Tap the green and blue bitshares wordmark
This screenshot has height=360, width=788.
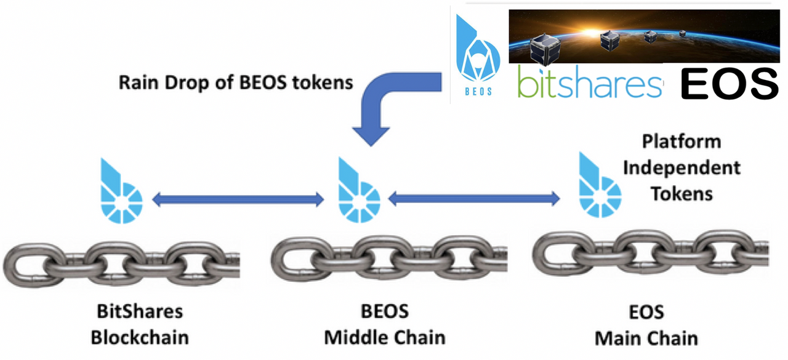(590, 84)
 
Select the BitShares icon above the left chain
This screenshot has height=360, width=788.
(121, 191)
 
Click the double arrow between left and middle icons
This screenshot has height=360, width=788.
(238, 198)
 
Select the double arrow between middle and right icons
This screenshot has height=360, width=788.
(474, 198)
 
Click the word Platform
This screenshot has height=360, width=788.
(681, 142)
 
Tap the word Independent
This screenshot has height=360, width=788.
(681, 167)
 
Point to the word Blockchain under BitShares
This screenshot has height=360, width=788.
(139, 337)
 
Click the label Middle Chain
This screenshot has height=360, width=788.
(384, 337)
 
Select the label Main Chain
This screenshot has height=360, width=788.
(646, 337)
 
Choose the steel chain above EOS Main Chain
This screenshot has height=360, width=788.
(649, 256)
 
